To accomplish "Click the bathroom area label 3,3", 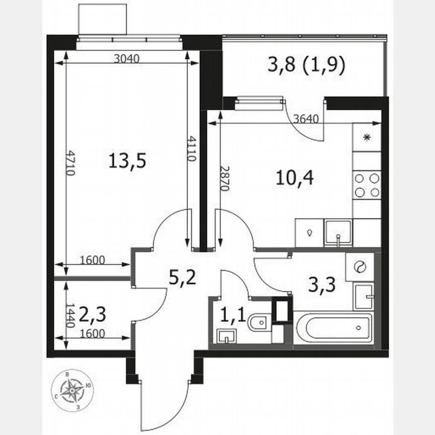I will pyautogui.click(x=322, y=286).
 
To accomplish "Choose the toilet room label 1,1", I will pyautogui.click(x=233, y=316).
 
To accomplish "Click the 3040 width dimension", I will pyautogui.click(x=126, y=58).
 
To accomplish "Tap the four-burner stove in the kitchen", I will pyautogui.click(x=367, y=185).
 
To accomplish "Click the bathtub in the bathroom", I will pyautogui.click(x=333, y=328).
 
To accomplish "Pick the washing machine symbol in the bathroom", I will pyautogui.click(x=359, y=267).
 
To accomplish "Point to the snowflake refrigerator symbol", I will pyautogui.click(x=367, y=137).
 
